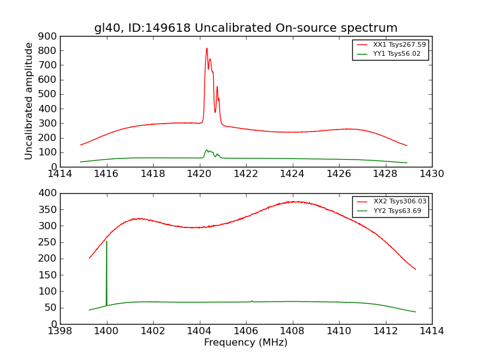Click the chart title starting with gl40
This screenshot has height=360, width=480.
(x=245, y=28)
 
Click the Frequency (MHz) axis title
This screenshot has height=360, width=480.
(x=245, y=343)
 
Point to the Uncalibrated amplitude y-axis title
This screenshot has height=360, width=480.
(x=29, y=101)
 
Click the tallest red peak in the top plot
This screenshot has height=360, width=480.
(x=206, y=49)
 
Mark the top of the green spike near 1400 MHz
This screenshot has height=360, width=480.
(x=106, y=242)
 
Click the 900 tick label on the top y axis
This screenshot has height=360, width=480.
(x=48, y=36)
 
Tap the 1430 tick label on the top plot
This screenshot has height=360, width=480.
(x=431, y=174)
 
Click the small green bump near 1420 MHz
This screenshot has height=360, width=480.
(x=207, y=151)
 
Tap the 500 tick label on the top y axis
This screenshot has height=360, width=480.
(x=48, y=94)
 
